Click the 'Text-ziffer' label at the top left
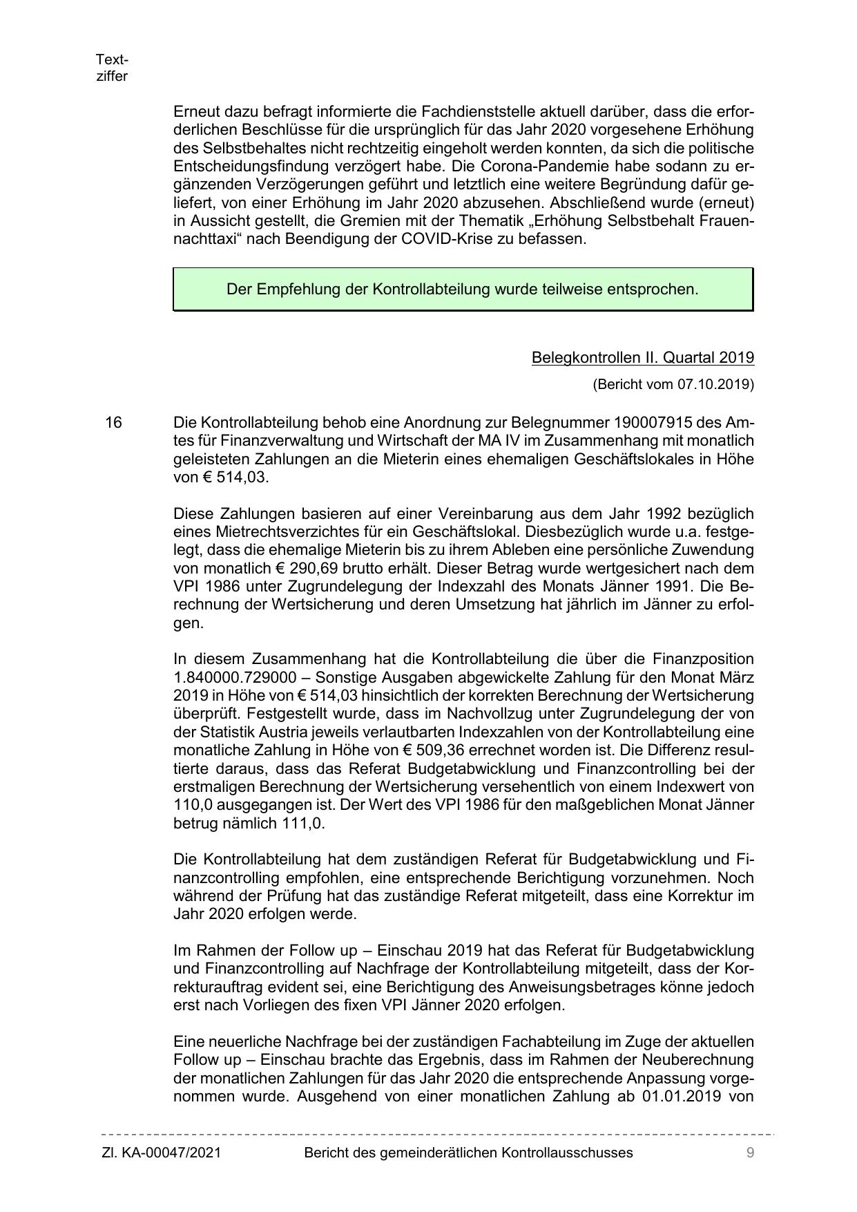click(112, 68)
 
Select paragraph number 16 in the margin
click(113, 422)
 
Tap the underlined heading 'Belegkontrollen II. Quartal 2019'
click(642, 357)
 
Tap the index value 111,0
click(304, 823)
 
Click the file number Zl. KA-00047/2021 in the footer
click(162, 1153)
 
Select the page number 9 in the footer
click(750, 1153)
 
